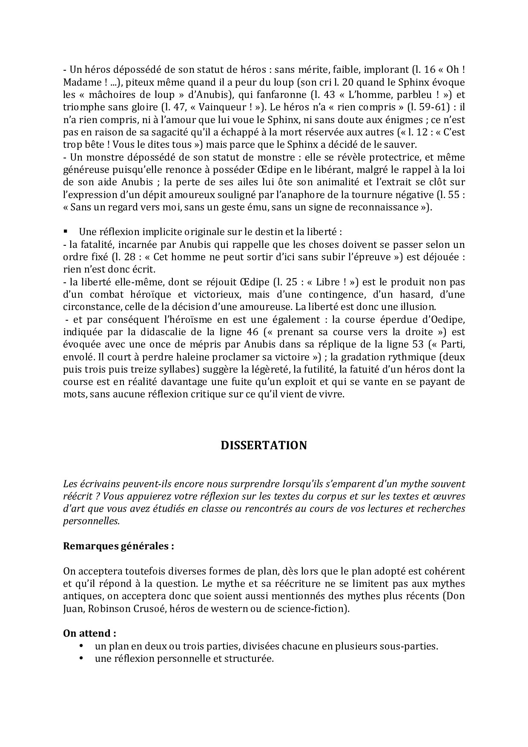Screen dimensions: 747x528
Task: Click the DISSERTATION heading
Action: pyautogui.click(x=264, y=445)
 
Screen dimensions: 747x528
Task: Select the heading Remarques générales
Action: pyautogui.click(x=118, y=546)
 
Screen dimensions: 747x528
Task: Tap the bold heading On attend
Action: pyautogui.click(x=89, y=633)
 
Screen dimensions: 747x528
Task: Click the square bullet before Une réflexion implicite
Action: pyautogui.click(x=66, y=232)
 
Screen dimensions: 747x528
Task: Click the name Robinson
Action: pyautogui.click(x=114, y=609)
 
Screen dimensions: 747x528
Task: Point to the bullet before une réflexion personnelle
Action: pyautogui.click(x=81, y=658)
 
